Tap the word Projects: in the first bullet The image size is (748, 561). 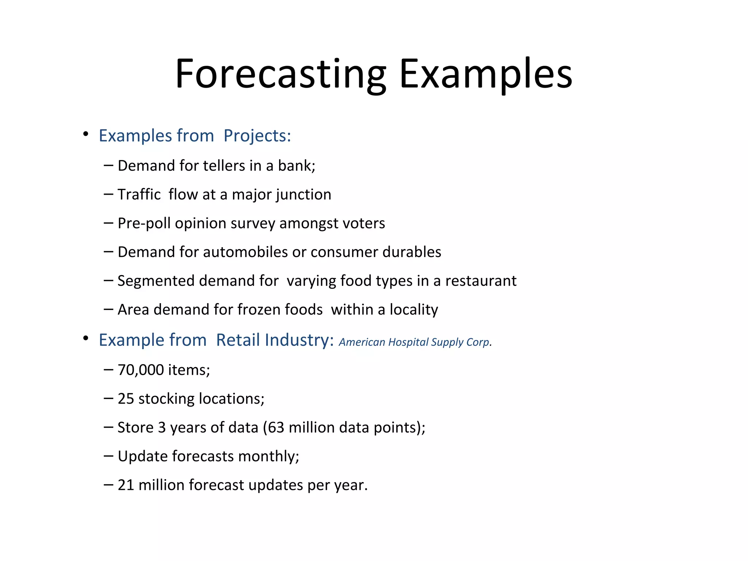pos(257,136)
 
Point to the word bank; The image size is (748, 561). pos(297,166)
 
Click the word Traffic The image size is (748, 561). pos(139,195)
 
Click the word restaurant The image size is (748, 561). pos(481,281)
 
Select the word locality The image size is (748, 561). pos(413,310)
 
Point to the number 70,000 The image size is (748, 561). pos(141,370)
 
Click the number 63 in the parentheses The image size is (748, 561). pos(276,428)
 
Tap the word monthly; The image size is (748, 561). pos(268,457)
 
